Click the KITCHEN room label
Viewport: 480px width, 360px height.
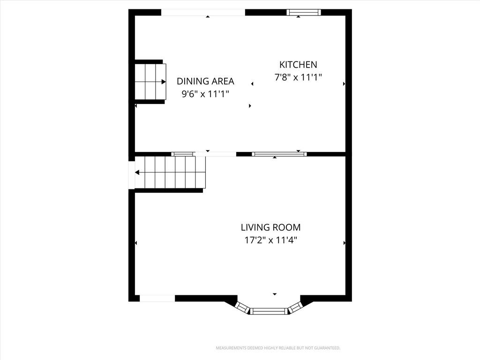coord(298,65)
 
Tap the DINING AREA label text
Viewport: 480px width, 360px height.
coord(205,81)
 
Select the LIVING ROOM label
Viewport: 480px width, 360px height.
coord(270,227)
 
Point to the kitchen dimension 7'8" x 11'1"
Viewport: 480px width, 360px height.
coord(298,77)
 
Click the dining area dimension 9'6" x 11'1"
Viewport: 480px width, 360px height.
coord(205,94)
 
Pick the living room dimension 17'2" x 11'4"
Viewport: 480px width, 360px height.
coord(270,240)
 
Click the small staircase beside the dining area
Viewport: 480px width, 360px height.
coord(150,82)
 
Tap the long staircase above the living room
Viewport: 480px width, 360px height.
coord(170,172)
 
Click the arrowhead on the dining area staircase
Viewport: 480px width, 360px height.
coord(164,82)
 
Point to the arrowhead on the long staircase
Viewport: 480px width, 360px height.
coord(137,172)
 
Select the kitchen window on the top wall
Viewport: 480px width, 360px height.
coord(304,12)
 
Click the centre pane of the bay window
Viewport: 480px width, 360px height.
coord(269,311)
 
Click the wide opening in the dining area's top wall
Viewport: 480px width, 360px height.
coord(203,12)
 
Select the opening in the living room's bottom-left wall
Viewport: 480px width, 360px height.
coord(157,298)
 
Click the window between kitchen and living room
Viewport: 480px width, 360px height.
coord(279,154)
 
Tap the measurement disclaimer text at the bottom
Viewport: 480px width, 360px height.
coord(278,348)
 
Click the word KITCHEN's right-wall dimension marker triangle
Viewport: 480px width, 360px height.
coord(345,83)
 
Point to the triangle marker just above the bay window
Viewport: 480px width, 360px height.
coord(275,294)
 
